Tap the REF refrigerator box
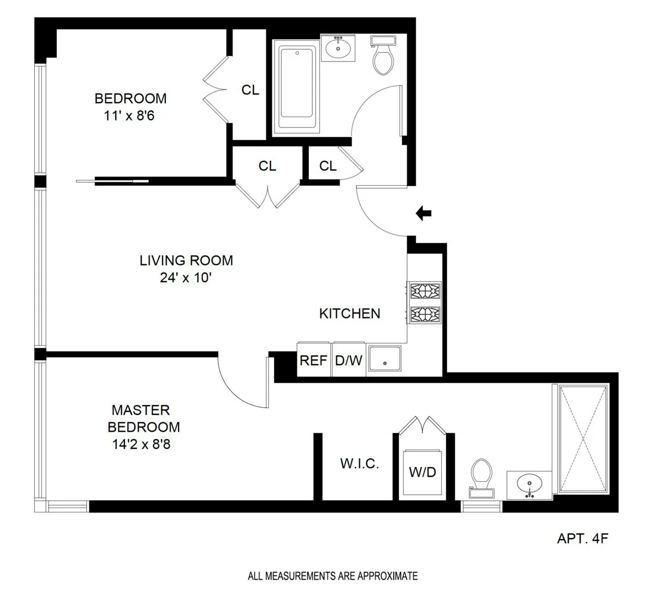pyautogui.click(x=314, y=360)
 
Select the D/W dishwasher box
pyautogui.click(x=349, y=360)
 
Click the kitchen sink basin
pyautogui.click(x=385, y=360)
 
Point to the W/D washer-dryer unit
pyautogui.click(x=422, y=472)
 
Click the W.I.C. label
pyautogui.click(x=359, y=464)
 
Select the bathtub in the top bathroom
pyautogui.click(x=296, y=89)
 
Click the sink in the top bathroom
pyautogui.click(x=338, y=48)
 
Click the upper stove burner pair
pyautogui.click(x=424, y=291)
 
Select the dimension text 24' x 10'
pyautogui.click(x=186, y=278)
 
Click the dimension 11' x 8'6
pyautogui.click(x=130, y=116)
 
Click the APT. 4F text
pyautogui.click(x=582, y=539)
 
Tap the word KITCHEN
pyautogui.click(x=349, y=313)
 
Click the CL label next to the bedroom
pyautogui.click(x=250, y=90)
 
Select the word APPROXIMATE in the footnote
pyautogui.click(x=389, y=576)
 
